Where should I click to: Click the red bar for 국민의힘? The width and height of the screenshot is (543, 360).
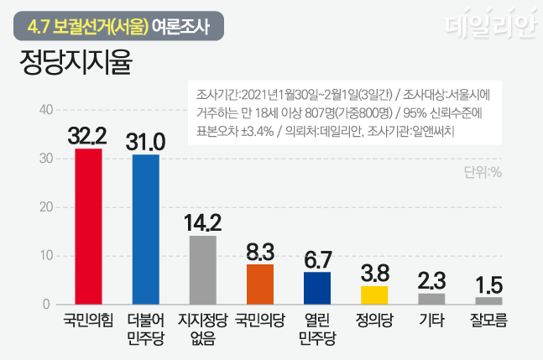(x=88, y=227)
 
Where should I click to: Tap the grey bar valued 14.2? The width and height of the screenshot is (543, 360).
(x=202, y=269)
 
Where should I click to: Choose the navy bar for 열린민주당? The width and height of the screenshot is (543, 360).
(x=316, y=288)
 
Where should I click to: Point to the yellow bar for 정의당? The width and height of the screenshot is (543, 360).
(x=373, y=295)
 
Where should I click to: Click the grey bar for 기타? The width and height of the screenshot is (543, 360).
(x=431, y=299)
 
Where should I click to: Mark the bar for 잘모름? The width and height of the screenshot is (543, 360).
(x=488, y=300)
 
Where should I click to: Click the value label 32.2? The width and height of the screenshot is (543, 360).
(x=88, y=135)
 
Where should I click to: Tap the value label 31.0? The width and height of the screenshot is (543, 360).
(x=145, y=141)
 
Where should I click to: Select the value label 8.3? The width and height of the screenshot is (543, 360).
(x=259, y=251)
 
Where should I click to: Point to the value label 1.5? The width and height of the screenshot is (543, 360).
(x=488, y=284)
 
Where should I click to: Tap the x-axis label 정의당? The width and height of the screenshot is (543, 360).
(x=373, y=320)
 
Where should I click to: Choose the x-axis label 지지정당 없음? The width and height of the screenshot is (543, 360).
(x=202, y=328)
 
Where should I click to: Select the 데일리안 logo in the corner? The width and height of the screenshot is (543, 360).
(x=489, y=27)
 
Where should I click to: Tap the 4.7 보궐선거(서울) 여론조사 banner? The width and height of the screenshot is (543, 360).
(x=117, y=26)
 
